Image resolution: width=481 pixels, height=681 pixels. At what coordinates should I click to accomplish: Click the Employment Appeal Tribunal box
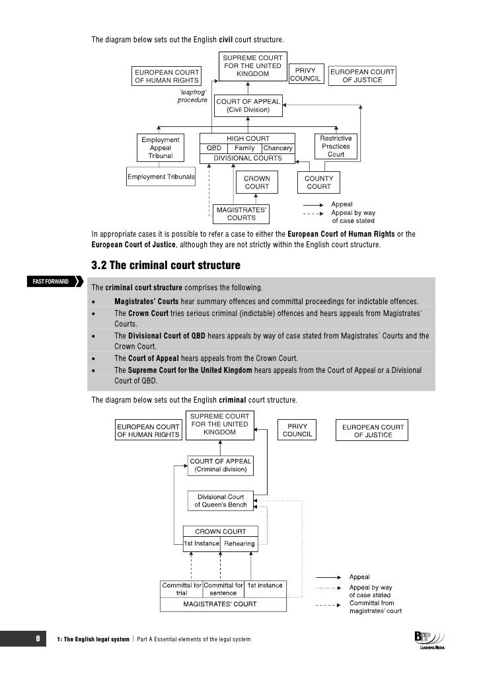pyautogui.click(x=161, y=148)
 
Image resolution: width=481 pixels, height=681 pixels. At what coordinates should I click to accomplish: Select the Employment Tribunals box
pyautogui.click(x=161, y=177)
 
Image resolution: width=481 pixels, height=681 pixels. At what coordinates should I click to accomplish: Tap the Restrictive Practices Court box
pyautogui.click(x=336, y=146)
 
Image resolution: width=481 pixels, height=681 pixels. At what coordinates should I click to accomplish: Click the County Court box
pyautogui.click(x=319, y=182)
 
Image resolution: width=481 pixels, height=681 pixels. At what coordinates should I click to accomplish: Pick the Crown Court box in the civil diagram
pyautogui.click(x=257, y=182)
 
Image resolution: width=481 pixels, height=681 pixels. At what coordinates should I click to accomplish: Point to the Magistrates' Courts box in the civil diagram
pyautogui.click(x=241, y=214)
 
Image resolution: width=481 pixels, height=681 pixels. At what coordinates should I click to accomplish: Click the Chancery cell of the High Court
pyautogui.click(x=278, y=148)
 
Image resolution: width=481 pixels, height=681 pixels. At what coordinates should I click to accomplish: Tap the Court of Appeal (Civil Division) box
pyautogui.click(x=248, y=105)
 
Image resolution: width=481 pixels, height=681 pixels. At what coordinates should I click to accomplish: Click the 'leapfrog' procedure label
pyautogui.click(x=193, y=97)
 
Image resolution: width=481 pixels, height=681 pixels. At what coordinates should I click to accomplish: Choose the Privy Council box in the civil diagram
pyautogui.click(x=306, y=74)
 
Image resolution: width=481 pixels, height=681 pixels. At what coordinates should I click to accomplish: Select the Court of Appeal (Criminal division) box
pyautogui.click(x=220, y=465)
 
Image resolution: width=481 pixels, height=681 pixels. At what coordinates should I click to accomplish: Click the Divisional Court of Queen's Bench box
pyautogui.click(x=220, y=501)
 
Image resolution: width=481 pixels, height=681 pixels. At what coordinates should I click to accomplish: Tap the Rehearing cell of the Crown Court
pyautogui.click(x=239, y=543)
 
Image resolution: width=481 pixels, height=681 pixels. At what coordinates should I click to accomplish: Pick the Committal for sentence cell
pyautogui.click(x=223, y=589)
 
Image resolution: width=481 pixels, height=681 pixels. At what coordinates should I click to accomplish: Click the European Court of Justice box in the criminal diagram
pyautogui.click(x=373, y=431)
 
